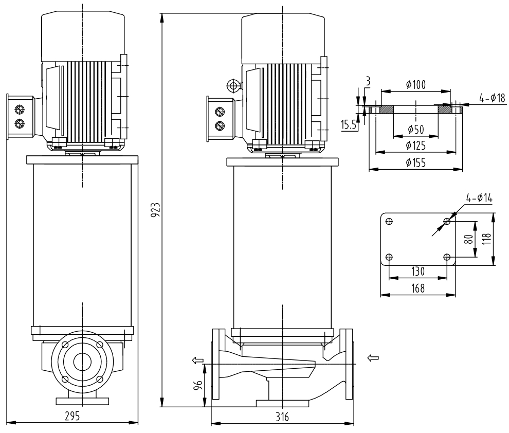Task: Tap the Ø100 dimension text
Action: click(415, 84)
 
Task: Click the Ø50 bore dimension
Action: click(415, 129)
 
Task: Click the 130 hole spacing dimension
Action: click(417, 271)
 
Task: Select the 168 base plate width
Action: click(417, 288)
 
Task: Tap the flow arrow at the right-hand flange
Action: click(374, 357)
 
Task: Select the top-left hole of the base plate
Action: click(389, 221)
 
